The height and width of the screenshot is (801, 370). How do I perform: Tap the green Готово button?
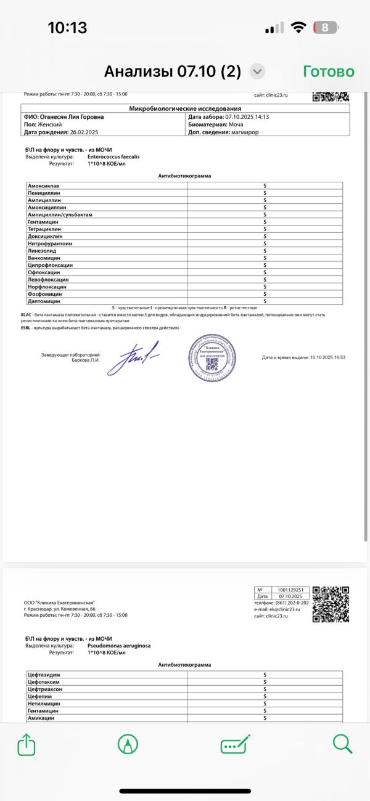(x=329, y=71)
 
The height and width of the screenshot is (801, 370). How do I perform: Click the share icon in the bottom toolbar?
(x=26, y=745)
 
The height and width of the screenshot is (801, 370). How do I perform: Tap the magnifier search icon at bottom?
(x=342, y=744)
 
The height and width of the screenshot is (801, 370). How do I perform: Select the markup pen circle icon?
(x=128, y=745)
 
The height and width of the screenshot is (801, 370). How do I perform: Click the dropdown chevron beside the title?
(x=257, y=71)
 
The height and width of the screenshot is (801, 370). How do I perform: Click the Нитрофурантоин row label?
(x=50, y=243)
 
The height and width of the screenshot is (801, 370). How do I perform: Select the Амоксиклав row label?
(x=43, y=185)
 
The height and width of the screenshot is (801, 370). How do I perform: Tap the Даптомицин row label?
(x=44, y=301)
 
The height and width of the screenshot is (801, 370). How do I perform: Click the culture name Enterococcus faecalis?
(x=113, y=157)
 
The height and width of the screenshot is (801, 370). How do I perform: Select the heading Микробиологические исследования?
(x=185, y=108)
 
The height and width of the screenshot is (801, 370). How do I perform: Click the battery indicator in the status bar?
(x=324, y=28)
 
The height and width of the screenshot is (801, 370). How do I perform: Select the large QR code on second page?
(x=331, y=604)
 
